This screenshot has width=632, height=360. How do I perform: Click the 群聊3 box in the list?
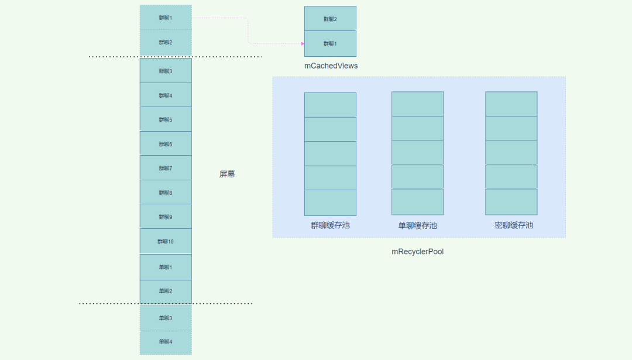tap(166, 71)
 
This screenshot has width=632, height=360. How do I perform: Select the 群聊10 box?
tap(166, 241)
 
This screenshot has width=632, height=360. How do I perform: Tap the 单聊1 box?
tap(166, 267)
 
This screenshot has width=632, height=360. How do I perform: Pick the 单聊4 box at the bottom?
tap(166, 342)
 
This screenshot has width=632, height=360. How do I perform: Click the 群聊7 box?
tap(166, 168)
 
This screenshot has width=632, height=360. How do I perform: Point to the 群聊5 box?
tap(166, 119)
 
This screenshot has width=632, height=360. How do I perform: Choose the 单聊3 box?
tap(166, 318)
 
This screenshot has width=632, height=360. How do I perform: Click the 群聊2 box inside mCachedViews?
tap(330, 19)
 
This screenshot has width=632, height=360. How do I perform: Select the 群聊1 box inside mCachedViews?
tap(330, 43)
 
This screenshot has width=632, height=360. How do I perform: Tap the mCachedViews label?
tap(331, 66)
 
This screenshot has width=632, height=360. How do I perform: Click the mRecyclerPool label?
tap(418, 252)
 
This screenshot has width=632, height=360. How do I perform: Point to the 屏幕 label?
tap(227, 174)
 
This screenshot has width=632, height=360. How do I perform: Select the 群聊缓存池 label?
tap(330, 225)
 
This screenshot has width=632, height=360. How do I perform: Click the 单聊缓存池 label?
tap(417, 225)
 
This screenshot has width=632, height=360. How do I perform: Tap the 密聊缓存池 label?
tap(513, 225)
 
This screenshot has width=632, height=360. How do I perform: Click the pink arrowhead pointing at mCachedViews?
tap(302, 43)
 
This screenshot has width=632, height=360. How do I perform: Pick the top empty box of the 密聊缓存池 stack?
tap(511, 104)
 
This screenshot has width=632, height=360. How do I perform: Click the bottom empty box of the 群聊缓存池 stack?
tap(330, 203)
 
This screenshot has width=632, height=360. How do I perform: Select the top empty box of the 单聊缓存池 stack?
tap(417, 104)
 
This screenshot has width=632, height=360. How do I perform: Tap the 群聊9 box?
tap(166, 217)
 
